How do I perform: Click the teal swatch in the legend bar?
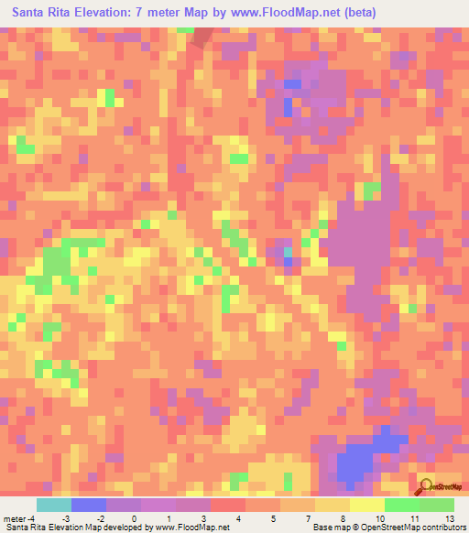point(54,505)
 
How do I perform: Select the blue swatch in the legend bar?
point(89,505)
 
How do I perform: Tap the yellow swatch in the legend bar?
point(367,505)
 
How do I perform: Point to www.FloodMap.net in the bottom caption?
point(191,528)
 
